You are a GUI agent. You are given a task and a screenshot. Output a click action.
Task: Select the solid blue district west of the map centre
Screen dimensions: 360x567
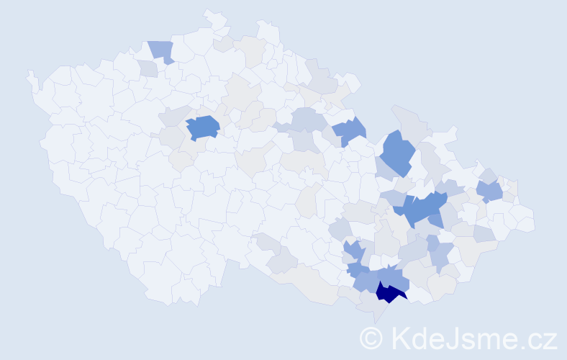click(x=204, y=127)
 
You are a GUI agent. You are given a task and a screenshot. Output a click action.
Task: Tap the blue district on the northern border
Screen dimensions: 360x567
click(x=161, y=51)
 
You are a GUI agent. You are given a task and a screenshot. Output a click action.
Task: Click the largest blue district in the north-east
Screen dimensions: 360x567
click(x=397, y=150)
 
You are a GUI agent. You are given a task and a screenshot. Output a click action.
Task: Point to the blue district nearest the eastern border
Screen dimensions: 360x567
click(x=491, y=191)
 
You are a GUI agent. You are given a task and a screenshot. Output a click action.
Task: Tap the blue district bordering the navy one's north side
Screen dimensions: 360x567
click(x=394, y=276)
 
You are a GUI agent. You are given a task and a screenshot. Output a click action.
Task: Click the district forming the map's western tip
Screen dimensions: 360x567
click(x=30, y=75)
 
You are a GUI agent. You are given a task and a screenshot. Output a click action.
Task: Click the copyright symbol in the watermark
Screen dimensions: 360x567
click(x=371, y=338)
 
